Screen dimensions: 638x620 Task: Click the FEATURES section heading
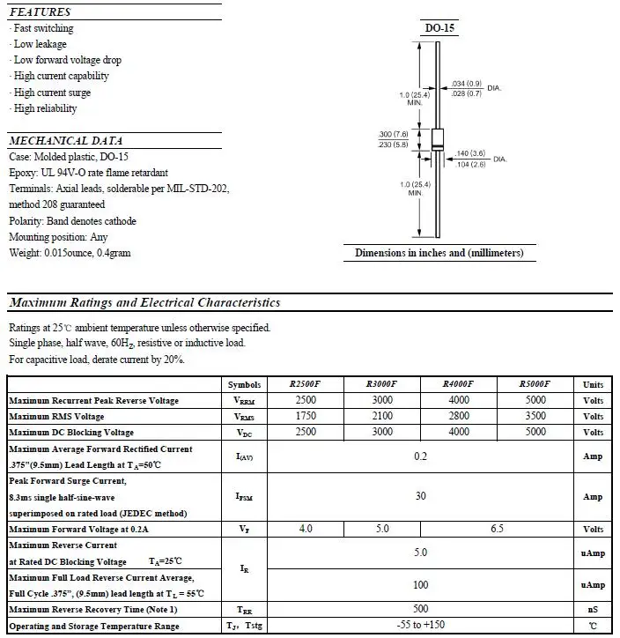point(40,12)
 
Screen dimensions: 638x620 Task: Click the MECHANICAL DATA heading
point(66,141)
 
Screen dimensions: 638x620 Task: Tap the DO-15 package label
point(439,28)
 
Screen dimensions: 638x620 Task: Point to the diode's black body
point(437,141)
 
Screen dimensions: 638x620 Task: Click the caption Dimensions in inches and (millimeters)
point(439,253)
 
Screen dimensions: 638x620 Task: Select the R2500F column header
point(306,384)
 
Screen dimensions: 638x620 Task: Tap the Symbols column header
point(244,385)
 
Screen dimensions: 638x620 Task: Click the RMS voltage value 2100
point(382,416)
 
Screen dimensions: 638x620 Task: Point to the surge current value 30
point(420,496)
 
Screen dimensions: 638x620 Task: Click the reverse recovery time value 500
point(420,609)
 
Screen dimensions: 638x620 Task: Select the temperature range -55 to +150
point(420,626)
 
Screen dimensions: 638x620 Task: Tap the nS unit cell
point(593,610)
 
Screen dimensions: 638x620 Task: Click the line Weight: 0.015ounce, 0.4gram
point(70,253)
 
